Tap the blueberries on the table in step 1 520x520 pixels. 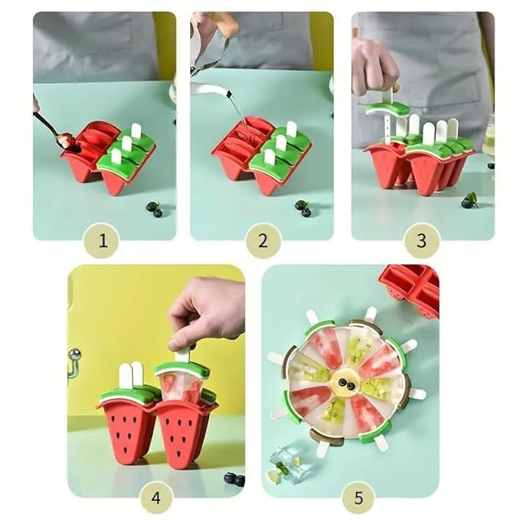[154, 209]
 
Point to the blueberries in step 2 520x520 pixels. [303, 208]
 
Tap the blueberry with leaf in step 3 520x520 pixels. [469, 201]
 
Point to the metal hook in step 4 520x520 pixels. [74, 361]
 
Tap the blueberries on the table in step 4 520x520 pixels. [233, 479]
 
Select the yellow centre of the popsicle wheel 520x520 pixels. [345, 381]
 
